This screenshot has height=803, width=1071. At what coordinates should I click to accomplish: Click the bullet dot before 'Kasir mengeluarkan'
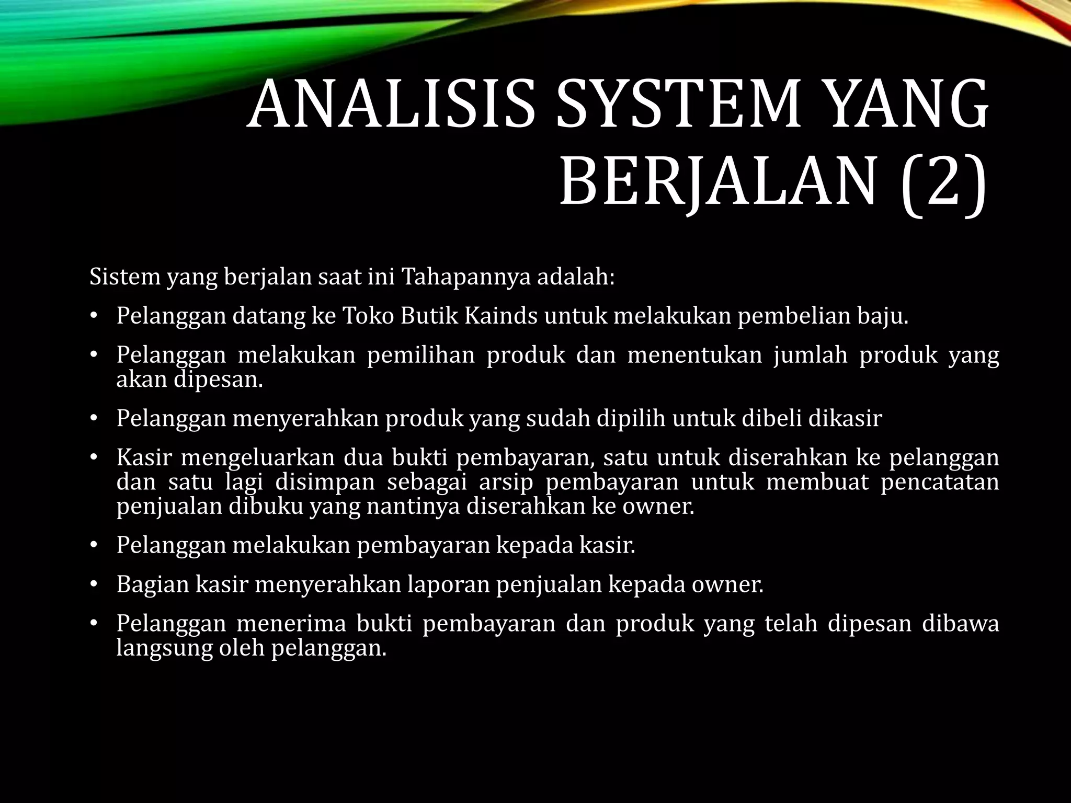pyautogui.click(x=94, y=458)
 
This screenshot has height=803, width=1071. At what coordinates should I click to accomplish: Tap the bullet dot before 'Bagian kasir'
pyautogui.click(x=94, y=584)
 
